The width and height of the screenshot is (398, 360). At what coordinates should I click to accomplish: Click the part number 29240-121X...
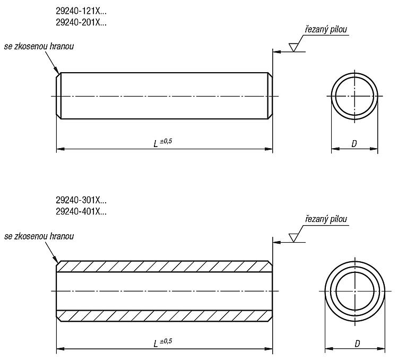[81, 11]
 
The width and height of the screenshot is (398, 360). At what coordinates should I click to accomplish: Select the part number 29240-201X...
[81, 23]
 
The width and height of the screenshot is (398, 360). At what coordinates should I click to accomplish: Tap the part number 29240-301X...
[81, 200]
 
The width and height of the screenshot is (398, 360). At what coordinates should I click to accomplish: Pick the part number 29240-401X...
[81, 211]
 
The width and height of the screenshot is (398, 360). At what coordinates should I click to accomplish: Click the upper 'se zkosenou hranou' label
[39, 46]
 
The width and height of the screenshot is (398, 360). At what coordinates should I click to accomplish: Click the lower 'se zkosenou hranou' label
[39, 236]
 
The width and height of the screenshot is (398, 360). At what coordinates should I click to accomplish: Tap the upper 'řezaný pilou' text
[326, 30]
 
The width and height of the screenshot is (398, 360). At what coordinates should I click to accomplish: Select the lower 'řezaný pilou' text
[326, 219]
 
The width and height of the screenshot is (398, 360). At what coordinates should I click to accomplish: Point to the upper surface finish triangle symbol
[293, 47]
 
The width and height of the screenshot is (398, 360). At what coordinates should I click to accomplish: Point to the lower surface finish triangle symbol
[293, 238]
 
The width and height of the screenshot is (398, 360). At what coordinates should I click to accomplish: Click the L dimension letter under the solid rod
[155, 144]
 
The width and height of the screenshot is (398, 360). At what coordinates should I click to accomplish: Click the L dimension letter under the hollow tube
[155, 344]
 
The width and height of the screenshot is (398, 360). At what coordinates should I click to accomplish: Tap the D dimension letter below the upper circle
[354, 144]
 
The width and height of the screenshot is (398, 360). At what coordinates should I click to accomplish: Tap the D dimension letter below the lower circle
[357, 344]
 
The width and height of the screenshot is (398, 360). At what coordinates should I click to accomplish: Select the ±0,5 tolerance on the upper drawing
[166, 141]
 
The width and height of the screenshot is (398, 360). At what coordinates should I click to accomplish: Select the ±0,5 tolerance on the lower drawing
[166, 341]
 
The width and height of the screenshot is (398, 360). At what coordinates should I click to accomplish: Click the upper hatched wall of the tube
[164, 267]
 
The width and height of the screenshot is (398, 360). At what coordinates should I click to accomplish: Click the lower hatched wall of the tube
[164, 316]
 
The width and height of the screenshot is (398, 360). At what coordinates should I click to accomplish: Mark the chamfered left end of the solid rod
[58, 96]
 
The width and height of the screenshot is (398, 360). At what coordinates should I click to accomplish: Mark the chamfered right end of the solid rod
[270, 96]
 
